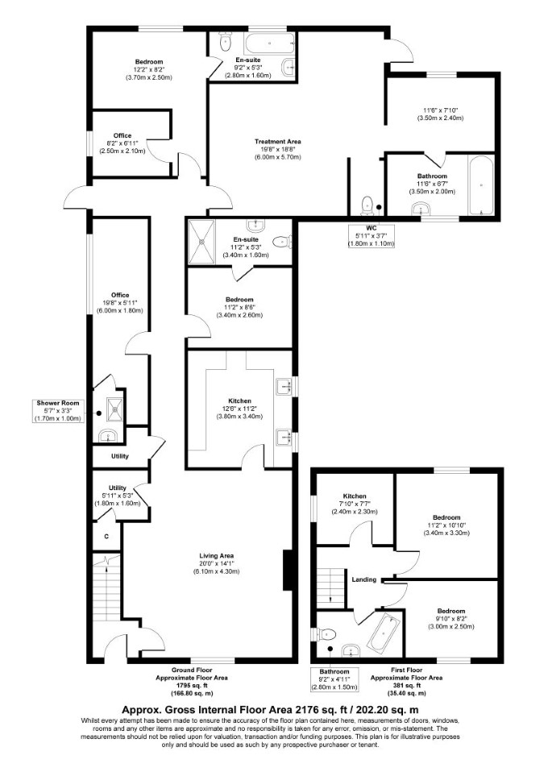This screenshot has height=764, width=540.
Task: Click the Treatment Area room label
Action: pos(278,142)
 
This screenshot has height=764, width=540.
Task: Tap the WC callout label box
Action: pos(372,236)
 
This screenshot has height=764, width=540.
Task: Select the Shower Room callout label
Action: pos(57,411)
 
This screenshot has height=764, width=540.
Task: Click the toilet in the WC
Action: pos(367,206)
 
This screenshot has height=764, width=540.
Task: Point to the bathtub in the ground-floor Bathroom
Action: pos(481,185)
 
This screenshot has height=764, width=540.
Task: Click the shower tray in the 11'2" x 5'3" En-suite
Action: pos(201,241)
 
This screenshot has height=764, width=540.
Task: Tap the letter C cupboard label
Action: pos(106,537)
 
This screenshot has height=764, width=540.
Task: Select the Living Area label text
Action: pos(216,555)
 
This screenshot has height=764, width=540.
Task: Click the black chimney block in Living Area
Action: pos(288,565)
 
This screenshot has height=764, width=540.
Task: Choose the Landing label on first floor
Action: pos(364,579)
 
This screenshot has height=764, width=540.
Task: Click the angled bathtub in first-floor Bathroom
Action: pos(384,633)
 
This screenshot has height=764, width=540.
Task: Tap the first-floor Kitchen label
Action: pos(355,496)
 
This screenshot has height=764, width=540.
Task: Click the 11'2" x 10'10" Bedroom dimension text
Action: pos(447,525)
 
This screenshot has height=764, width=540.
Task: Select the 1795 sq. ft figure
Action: pos(192,686)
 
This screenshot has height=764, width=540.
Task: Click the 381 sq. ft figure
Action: pos(406,686)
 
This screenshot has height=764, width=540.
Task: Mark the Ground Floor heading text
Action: pos(192,670)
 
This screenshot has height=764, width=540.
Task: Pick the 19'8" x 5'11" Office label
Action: pos(120,295)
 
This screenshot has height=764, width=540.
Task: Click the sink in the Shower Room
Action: pos(106,436)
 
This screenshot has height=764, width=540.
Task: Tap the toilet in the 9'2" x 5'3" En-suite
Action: pos(225,43)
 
